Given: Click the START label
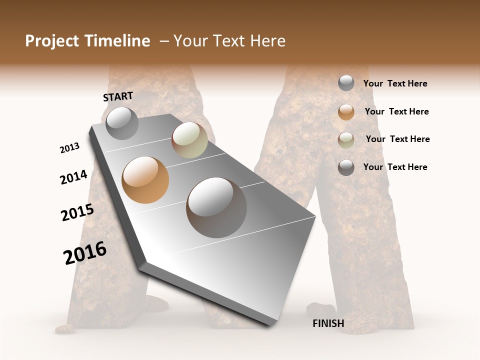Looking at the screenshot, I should coord(118,96).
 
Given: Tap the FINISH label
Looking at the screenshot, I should coord(328,323).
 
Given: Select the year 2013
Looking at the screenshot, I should coord(70,148).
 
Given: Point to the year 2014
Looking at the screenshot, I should coord(73,177).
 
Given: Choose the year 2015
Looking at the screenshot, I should coord(77,212).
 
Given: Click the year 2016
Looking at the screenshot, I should coord(85,253).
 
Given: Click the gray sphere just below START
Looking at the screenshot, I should coord(122,123).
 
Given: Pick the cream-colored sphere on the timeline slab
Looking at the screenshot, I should coord(189,140).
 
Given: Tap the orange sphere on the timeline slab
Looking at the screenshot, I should coord(145,180).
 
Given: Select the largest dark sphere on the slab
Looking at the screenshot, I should coord(216,207).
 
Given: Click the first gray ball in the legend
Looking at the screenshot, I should coord(346,83).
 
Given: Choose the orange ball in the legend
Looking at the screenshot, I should coord(346,111).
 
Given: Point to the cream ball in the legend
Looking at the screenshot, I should coord(346,139).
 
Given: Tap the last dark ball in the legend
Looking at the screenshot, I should coord(346,167).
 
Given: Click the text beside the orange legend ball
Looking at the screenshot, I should coord(396,111).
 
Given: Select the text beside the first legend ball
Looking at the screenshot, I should coord(395,83).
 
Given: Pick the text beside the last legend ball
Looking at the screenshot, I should coord(395,167).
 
